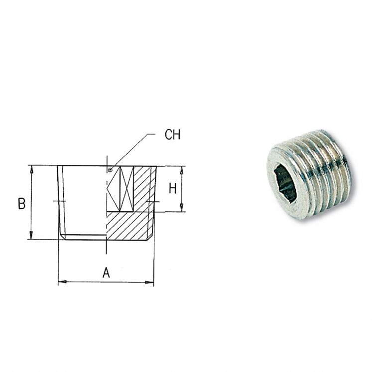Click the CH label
point(172,134)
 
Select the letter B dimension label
point(21,204)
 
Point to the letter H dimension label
point(173,189)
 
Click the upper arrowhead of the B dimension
point(31,169)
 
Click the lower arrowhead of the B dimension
point(31,236)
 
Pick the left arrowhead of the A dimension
point(62,281)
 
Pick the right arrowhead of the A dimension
point(149,282)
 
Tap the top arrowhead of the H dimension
point(182,170)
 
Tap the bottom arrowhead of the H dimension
point(182,207)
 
